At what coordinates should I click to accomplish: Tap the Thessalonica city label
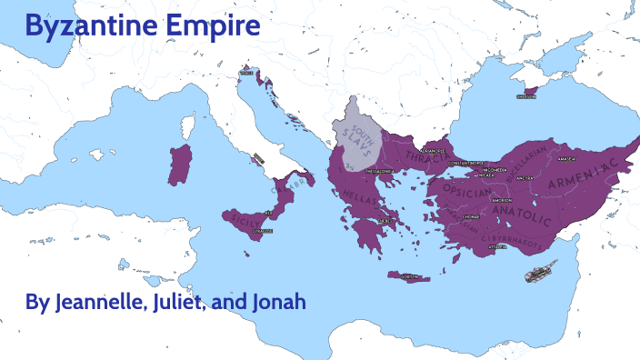[x=380, y=170]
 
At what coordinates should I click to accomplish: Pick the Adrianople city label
[x=431, y=151]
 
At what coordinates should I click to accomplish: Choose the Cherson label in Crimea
[x=526, y=95]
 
